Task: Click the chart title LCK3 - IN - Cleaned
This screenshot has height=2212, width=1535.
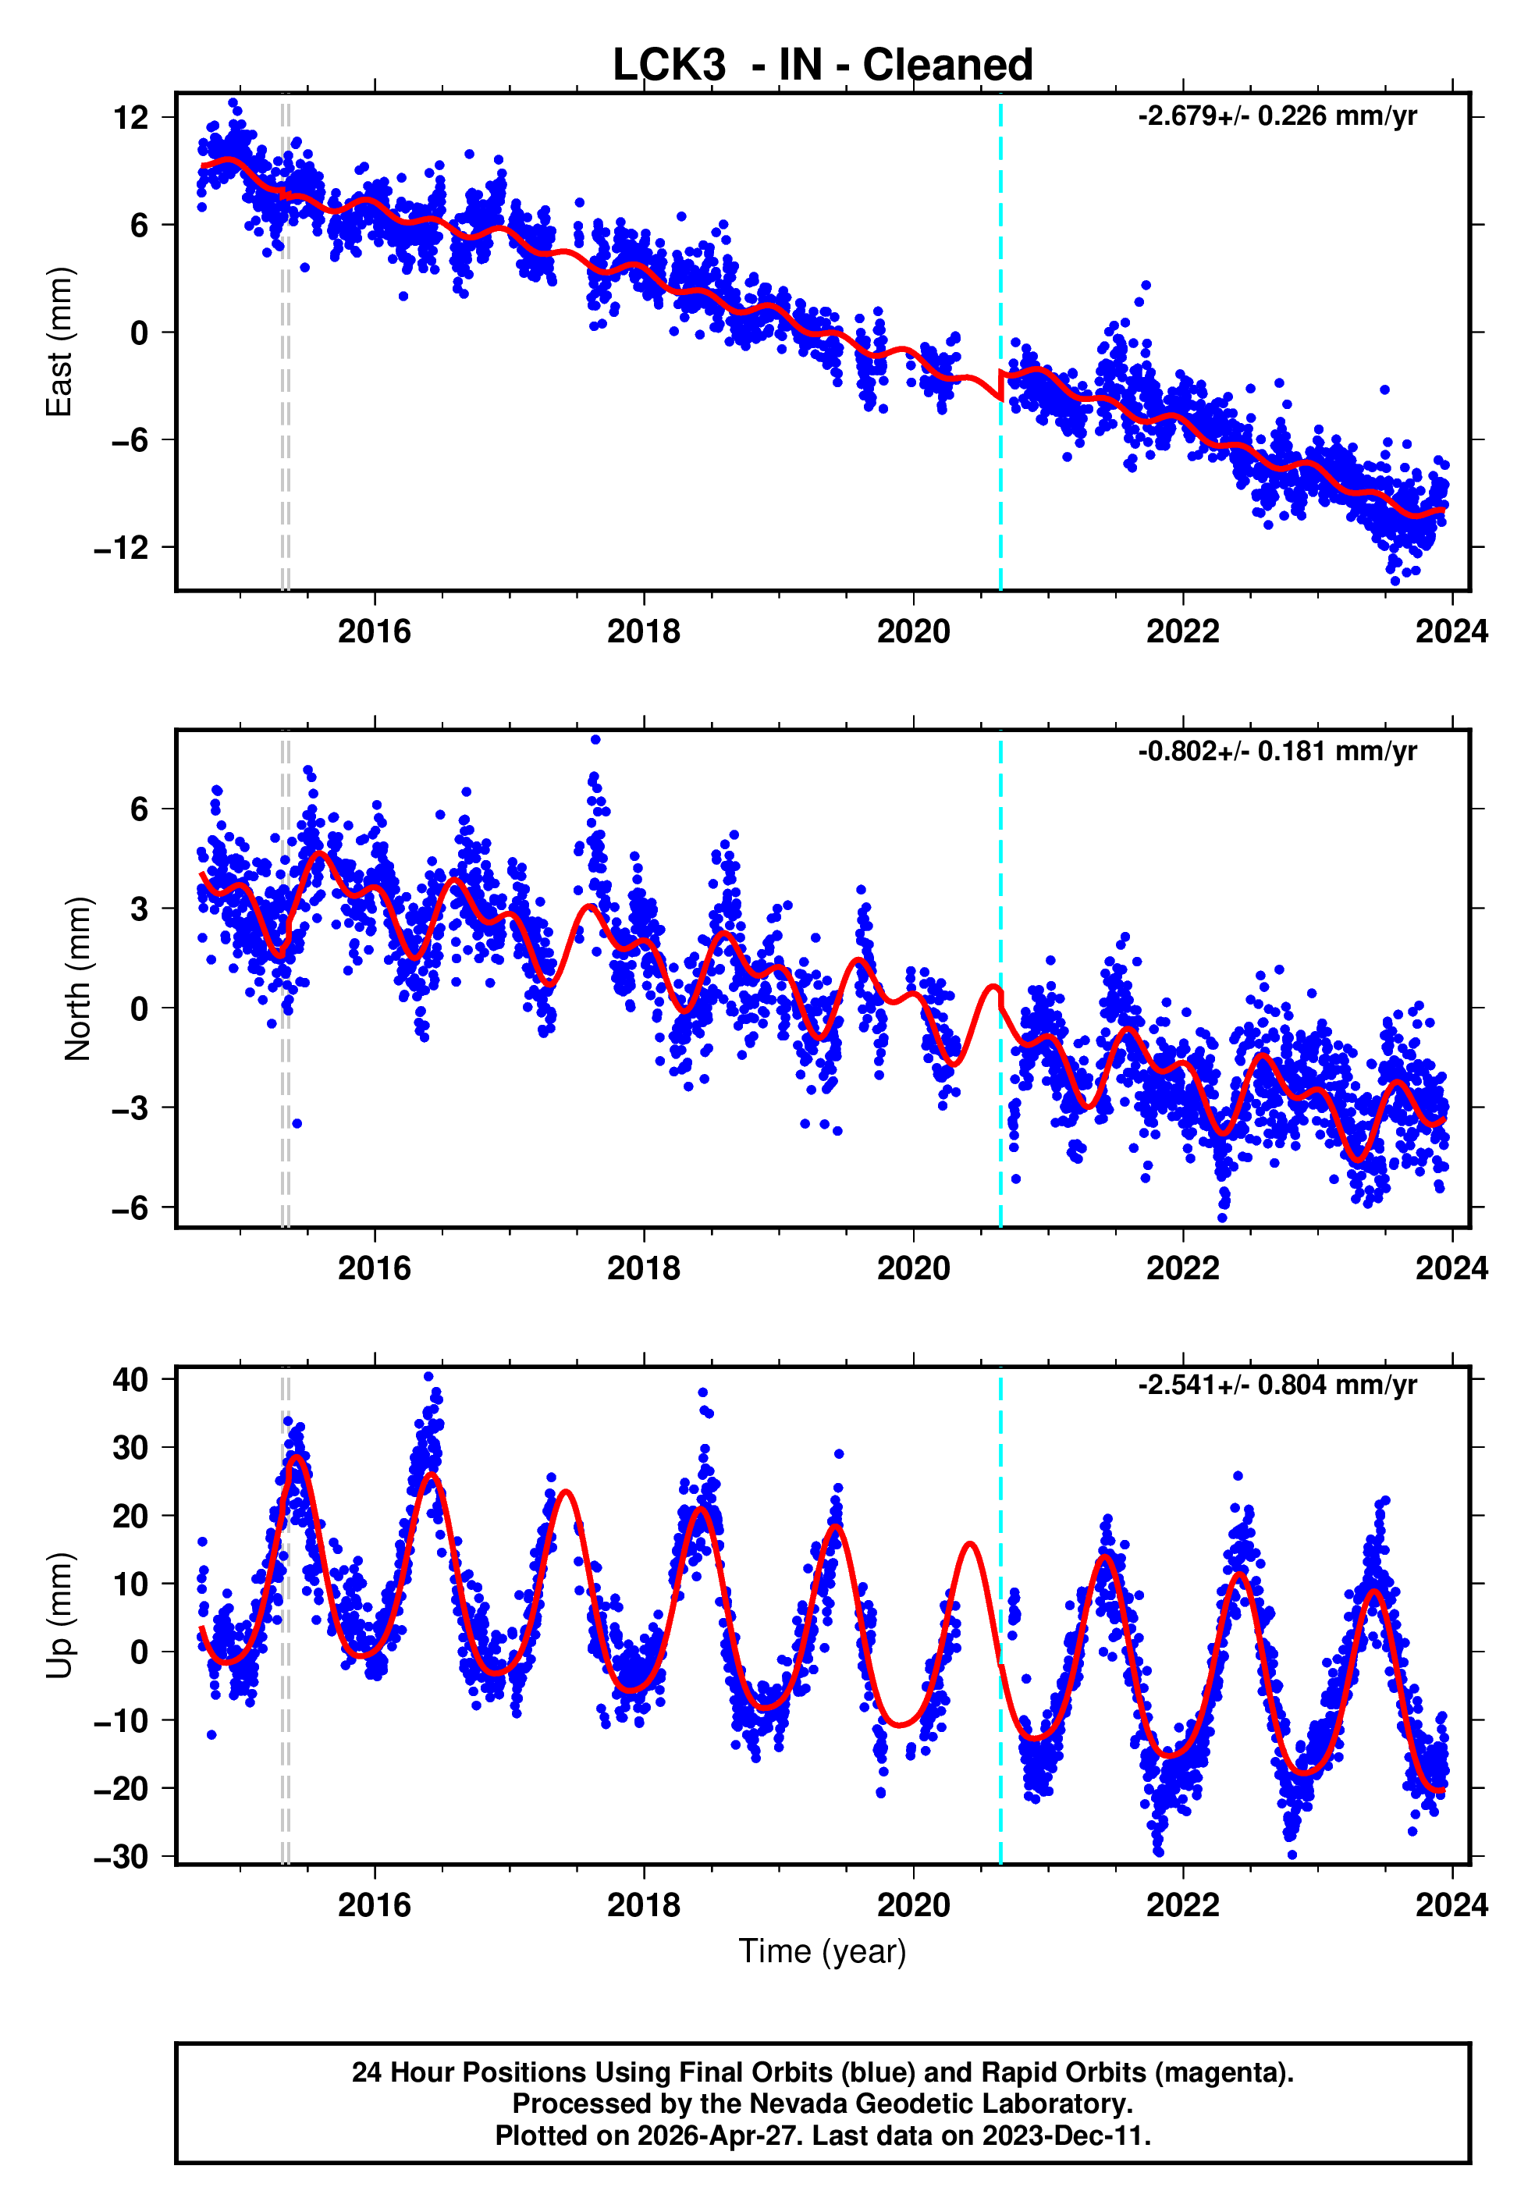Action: pos(823,66)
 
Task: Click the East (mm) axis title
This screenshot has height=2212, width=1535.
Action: pos(59,343)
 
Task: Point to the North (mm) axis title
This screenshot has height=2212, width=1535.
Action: pos(77,979)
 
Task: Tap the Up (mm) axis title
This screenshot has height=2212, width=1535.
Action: pos(59,1616)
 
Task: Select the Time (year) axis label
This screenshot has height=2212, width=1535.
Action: pos(823,1951)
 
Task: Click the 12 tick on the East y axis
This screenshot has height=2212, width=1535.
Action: pos(131,119)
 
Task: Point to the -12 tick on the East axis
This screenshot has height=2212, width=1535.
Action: pos(121,548)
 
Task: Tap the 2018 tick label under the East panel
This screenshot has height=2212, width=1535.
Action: pos(644,632)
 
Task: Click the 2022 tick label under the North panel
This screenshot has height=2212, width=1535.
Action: pos(1182,1268)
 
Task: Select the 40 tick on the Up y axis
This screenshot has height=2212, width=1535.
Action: pos(131,1380)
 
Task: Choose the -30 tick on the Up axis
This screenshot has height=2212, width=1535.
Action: pos(121,1857)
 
